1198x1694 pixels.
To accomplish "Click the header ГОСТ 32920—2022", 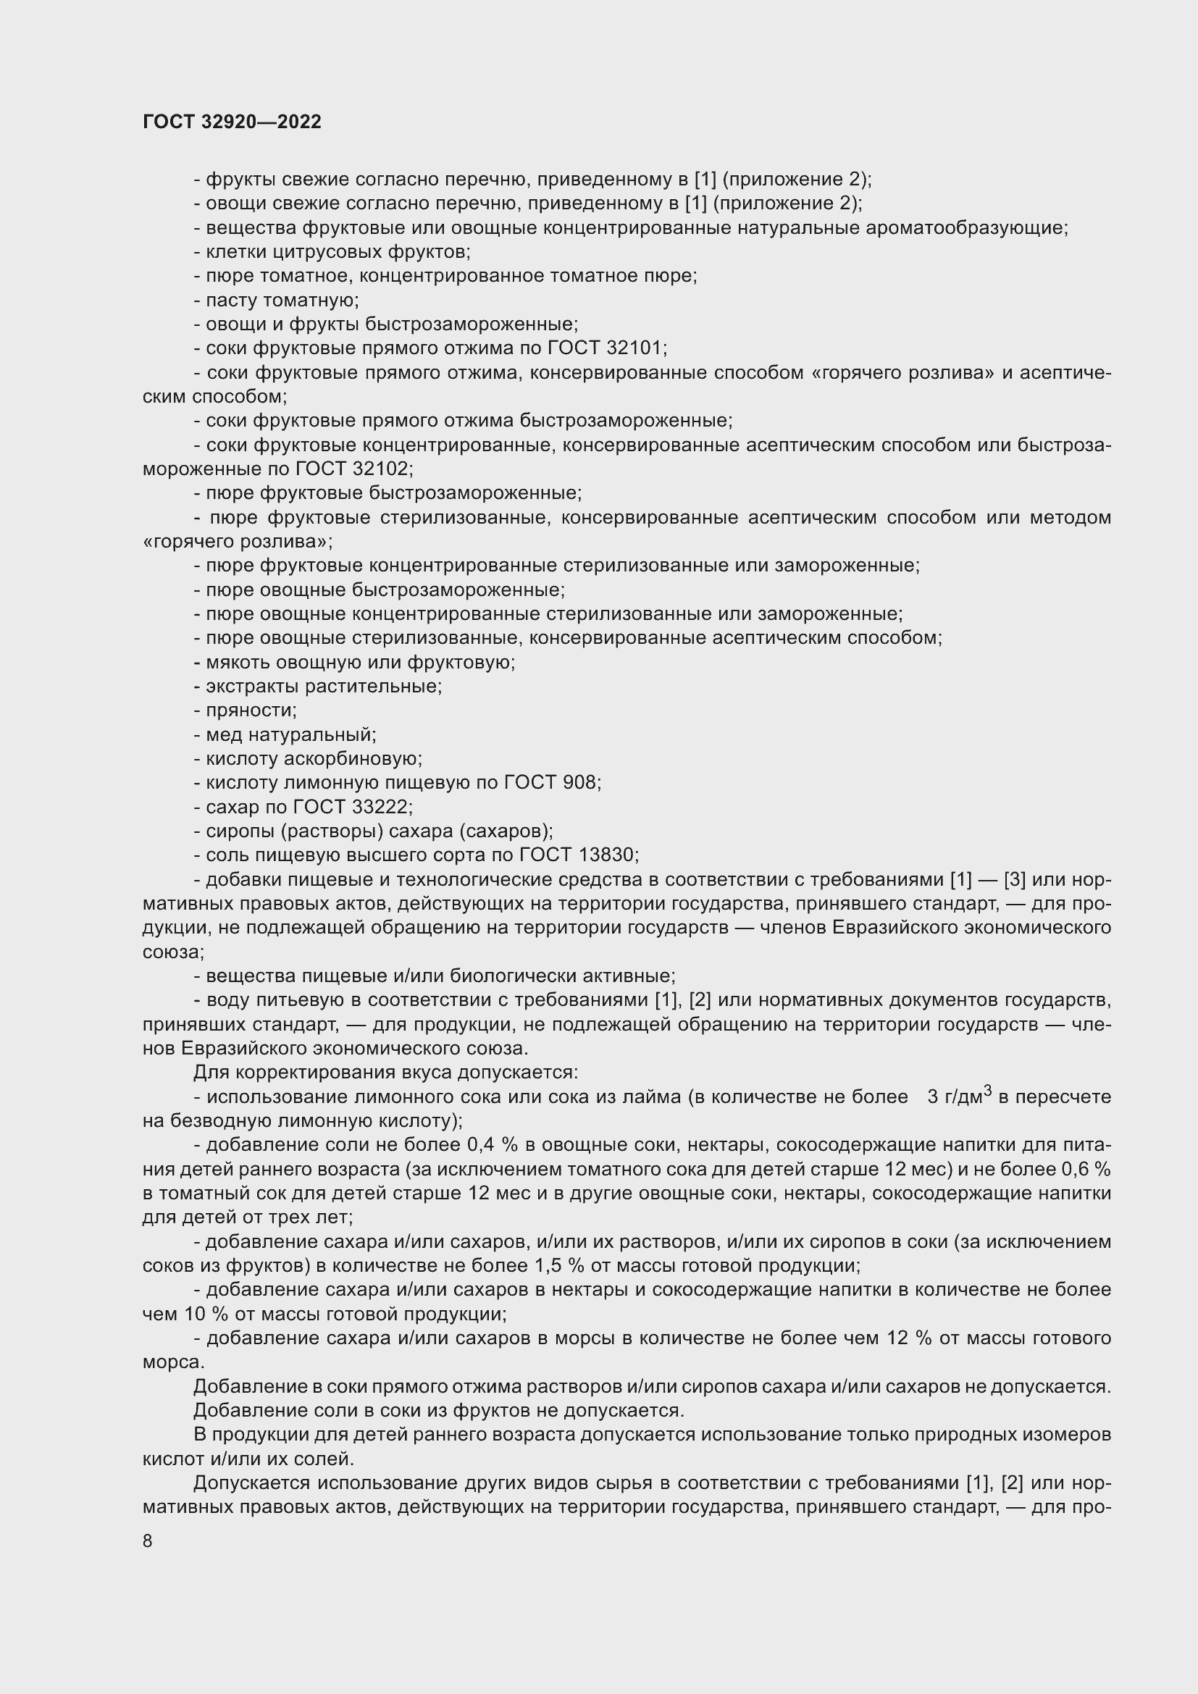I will [x=232, y=122].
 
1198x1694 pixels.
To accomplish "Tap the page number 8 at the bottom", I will [x=148, y=1540].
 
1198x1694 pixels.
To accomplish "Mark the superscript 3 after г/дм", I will [x=989, y=1091].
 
